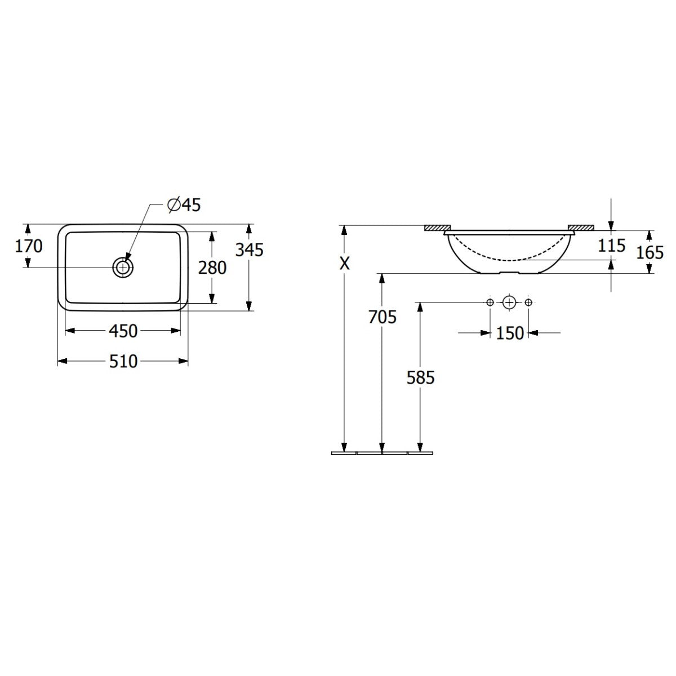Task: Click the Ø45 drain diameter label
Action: (184, 205)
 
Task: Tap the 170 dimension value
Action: (29, 246)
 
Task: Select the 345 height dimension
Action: (249, 250)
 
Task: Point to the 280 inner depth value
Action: (212, 268)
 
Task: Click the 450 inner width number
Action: (123, 331)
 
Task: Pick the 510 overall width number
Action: (123, 361)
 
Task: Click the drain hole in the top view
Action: (123, 268)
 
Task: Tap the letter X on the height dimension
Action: (345, 263)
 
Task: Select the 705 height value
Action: (383, 317)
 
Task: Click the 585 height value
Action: (421, 377)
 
